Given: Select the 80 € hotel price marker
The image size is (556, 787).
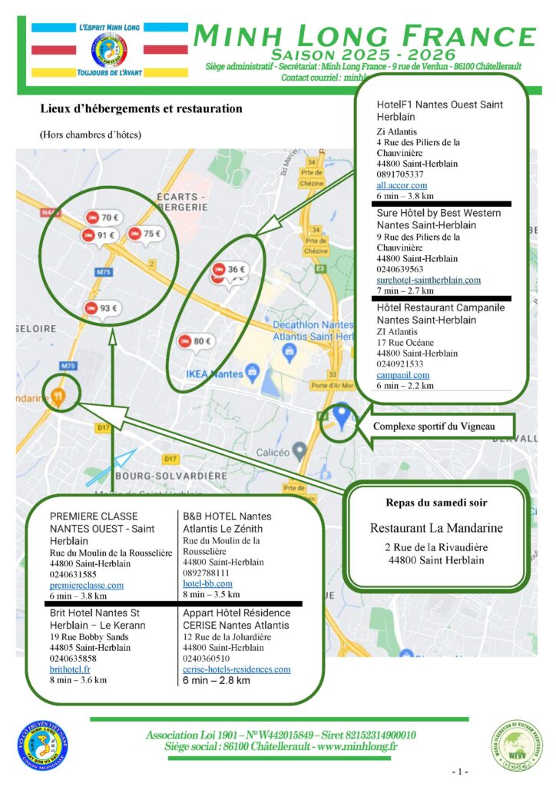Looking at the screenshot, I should click(197, 341).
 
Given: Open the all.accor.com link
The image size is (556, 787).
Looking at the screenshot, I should click(402, 185).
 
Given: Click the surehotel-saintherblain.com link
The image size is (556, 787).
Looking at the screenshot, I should click(429, 281).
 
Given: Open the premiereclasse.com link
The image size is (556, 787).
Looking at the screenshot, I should click(87, 585).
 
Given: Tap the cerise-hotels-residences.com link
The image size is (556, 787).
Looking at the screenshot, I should click(237, 669).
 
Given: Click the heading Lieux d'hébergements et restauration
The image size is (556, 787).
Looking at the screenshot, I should click(141, 109).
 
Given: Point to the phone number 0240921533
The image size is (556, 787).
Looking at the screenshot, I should click(400, 364).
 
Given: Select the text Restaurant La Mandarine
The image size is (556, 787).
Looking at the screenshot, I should click(436, 528).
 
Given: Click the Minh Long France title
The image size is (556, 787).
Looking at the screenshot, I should click(364, 36).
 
